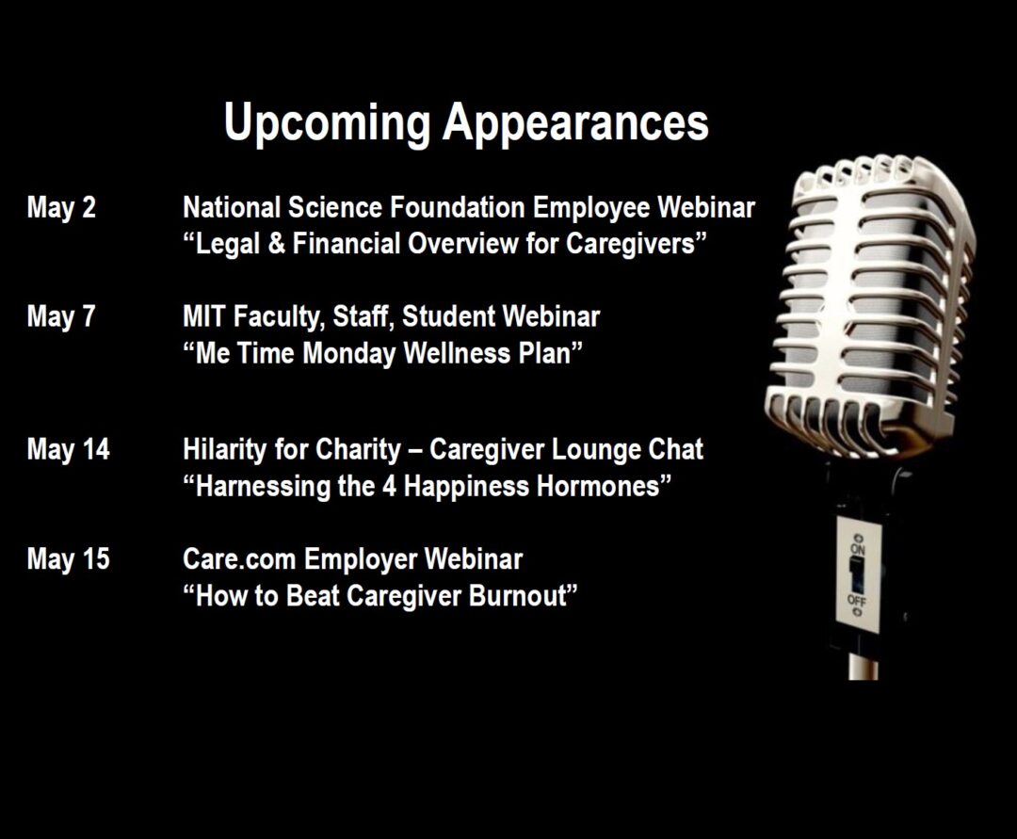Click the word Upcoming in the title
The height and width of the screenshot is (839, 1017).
(x=327, y=123)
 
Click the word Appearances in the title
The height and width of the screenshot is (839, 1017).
(x=576, y=123)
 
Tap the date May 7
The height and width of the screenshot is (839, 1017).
(x=61, y=317)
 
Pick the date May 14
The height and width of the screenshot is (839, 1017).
(x=69, y=450)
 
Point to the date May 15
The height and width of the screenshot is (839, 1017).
(x=69, y=559)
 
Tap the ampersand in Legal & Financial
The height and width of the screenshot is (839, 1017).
(x=276, y=245)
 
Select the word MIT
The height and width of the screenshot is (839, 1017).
(x=204, y=317)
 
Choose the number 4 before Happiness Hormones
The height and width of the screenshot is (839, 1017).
(x=389, y=487)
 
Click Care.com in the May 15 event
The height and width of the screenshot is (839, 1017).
(x=239, y=559)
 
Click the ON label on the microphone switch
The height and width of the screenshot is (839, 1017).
(x=858, y=549)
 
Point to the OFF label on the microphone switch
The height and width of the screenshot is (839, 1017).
(x=856, y=601)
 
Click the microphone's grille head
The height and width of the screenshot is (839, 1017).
(x=869, y=305)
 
